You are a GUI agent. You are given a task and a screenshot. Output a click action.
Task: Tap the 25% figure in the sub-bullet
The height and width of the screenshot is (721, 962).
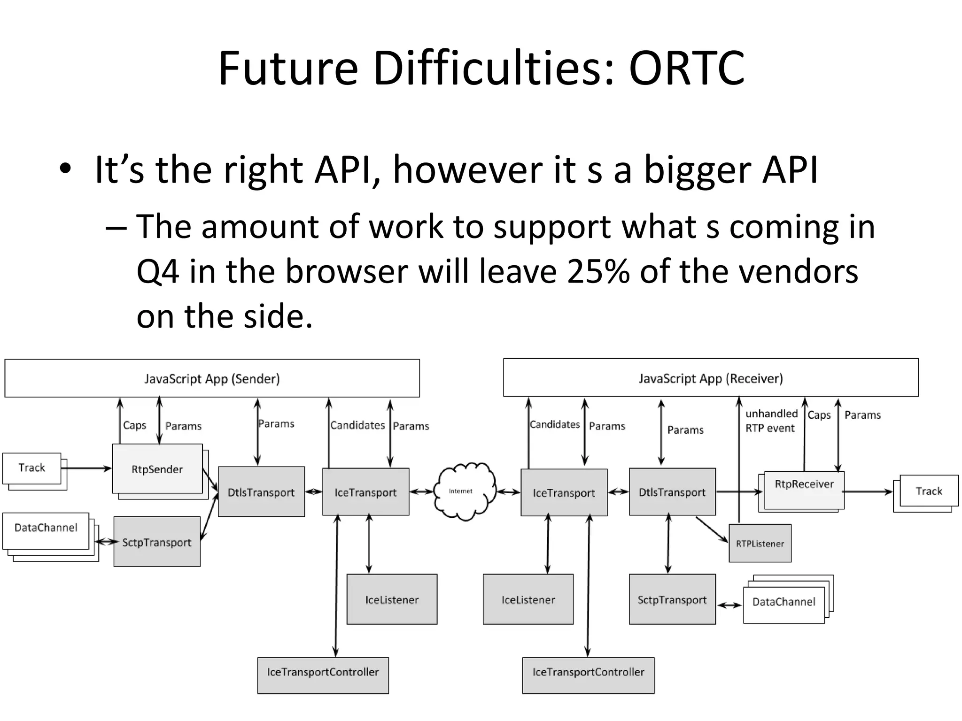598,272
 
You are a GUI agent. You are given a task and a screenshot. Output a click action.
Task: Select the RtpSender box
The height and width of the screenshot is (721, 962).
157,469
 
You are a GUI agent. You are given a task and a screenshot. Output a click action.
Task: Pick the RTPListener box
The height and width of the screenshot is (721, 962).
760,544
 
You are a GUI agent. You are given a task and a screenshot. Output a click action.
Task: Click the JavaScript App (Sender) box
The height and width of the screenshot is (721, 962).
212,378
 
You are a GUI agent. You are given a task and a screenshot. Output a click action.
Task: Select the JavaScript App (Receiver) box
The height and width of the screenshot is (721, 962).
710,378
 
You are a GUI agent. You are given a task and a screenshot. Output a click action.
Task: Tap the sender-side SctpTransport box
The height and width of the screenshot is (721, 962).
157,542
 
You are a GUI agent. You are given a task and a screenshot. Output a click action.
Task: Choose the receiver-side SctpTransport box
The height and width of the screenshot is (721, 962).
672,599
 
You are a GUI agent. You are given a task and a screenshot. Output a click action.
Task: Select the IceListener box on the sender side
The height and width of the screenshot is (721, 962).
392,599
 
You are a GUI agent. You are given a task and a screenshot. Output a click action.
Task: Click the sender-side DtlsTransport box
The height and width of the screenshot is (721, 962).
261,492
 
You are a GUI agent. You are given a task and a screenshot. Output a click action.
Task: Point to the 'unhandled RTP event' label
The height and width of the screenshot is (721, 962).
771,421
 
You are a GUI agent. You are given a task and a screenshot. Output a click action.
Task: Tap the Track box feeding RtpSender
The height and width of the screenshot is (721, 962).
31,468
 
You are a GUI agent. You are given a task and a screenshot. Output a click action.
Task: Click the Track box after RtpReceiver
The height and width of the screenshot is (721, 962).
928,491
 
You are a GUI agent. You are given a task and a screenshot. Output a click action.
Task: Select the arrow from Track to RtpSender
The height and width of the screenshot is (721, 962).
87,468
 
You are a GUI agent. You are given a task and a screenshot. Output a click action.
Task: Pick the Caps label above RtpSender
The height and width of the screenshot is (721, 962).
134,425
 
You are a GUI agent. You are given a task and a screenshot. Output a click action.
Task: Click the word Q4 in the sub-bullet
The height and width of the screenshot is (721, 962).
157,272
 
